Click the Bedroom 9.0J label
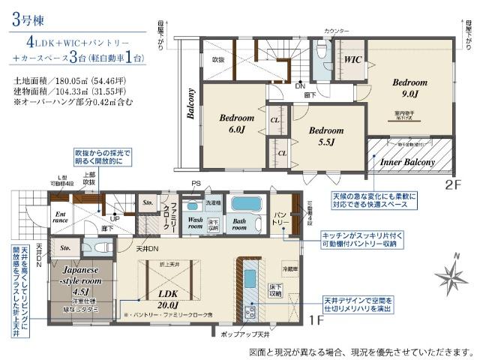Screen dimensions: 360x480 click(x=409, y=88)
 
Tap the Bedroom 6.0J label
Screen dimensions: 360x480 click(x=236, y=124)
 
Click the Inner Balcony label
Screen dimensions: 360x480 click(x=407, y=161)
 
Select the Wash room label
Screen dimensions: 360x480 click(x=196, y=223)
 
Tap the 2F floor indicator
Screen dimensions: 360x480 click(x=449, y=183)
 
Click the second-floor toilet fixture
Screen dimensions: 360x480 click(x=320, y=53)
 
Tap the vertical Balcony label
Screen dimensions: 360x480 click(x=190, y=112)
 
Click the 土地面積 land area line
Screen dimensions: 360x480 click(x=67, y=78)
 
